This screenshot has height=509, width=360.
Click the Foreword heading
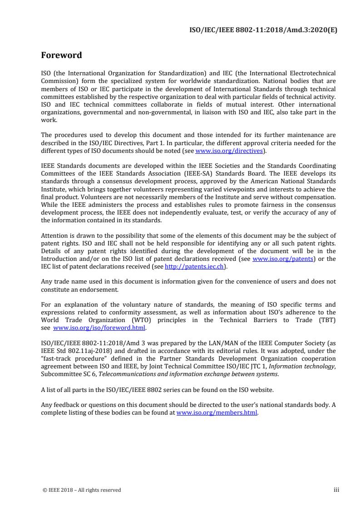tap(61, 55)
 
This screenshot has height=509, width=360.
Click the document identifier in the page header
tap(263, 30)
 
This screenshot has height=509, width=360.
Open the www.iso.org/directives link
tap(229, 150)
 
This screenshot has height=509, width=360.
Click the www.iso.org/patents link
tap(283, 259)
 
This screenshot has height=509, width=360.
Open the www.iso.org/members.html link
tap(217, 413)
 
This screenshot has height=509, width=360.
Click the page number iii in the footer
tap(336, 490)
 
